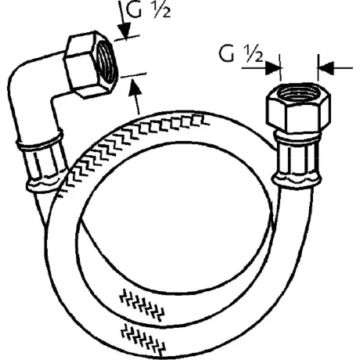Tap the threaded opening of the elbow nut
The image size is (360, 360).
coord(107,63)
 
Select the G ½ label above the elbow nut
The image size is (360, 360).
coord(148,10)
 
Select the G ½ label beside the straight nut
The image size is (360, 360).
coord(240,55)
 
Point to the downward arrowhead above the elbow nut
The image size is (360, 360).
coord(124,31)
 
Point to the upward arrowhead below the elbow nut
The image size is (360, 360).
coord(135,86)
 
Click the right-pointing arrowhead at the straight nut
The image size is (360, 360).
coord(273,68)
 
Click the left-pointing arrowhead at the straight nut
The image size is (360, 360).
coord(326,68)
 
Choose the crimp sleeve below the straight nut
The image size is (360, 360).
coord(296,160)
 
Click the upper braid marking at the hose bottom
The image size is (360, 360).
coord(142,304)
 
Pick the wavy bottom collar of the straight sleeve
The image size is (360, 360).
coord(296,181)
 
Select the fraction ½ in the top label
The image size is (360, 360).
coord(162,10)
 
